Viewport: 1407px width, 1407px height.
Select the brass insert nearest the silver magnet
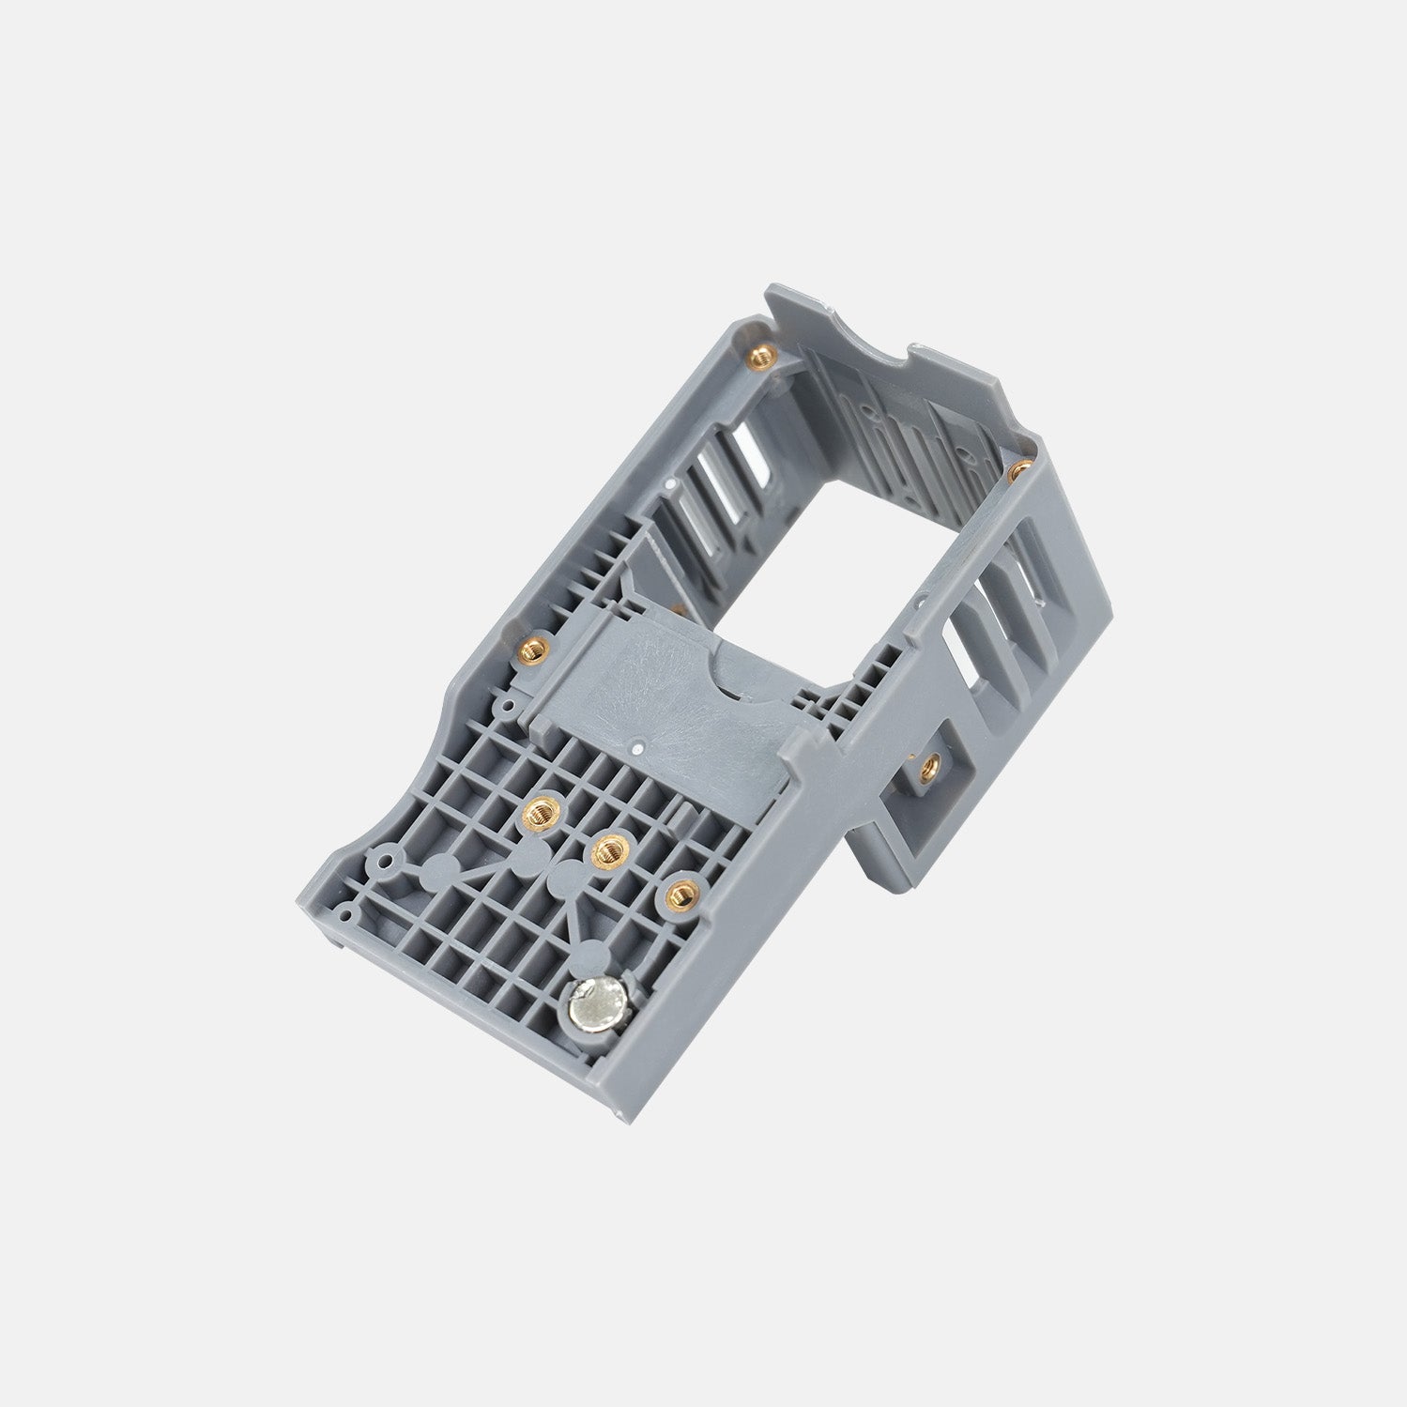677,895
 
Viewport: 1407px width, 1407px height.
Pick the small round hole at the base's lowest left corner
349,912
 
